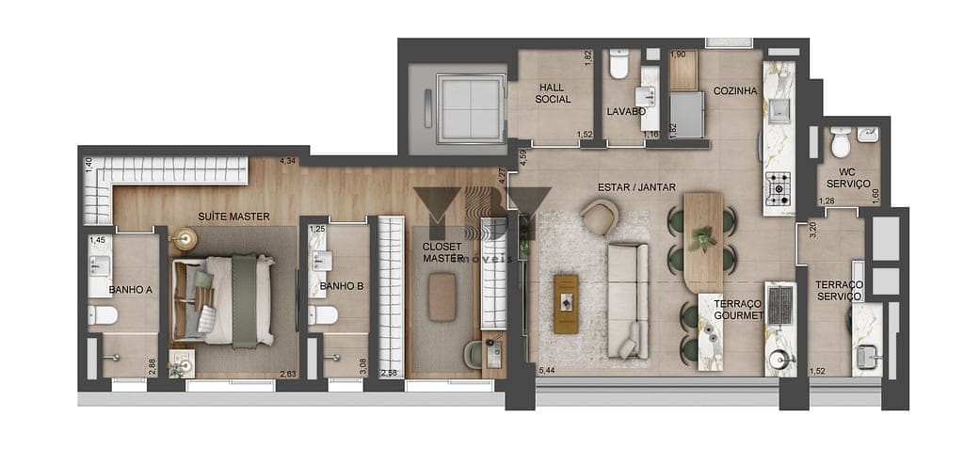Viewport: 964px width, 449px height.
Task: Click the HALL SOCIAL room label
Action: pyautogui.click(x=553, y=93)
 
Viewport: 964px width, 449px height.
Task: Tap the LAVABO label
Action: pyautogui.click(x=626, y=111)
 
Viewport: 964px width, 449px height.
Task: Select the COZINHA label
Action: pyautogui.click(x=735, y=91)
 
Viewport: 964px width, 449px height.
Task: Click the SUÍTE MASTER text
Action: pyautogui.click(x=233, y=216)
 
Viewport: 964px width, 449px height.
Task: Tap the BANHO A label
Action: pyautogui.click(x=130, y=290)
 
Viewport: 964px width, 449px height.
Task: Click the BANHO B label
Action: pyautogui.click(x=341, y=286)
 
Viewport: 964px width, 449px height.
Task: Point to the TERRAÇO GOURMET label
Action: pyautogui.click(x=737, y=309)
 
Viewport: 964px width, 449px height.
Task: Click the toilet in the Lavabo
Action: pyautogui.click(x=619, y=65)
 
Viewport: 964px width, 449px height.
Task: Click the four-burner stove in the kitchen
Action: pyautogui.click(x=779, y=189)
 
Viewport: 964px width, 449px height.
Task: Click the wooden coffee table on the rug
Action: pyautogui.click(x=567, y=303)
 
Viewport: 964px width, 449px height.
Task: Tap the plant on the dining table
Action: pyautogui.click(x=702, y=241)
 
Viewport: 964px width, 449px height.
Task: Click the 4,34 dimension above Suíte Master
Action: pyautogui.click(x=287, y=161)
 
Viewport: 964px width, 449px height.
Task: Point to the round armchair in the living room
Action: pyautogui.click(x=600, y=217)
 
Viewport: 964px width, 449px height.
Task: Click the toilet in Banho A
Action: pyautogui.click(x=103, y=314)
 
